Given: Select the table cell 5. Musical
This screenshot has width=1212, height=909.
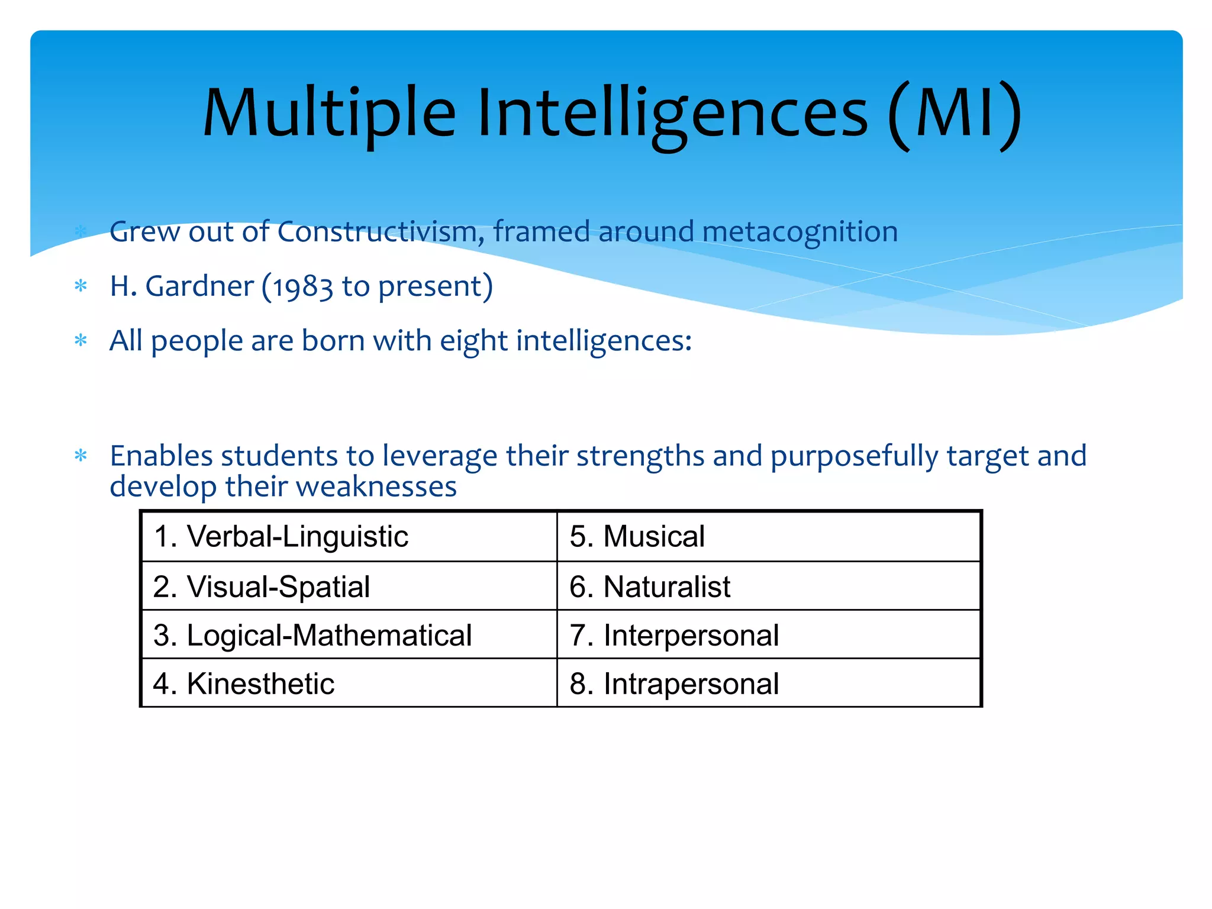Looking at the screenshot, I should (768, 536).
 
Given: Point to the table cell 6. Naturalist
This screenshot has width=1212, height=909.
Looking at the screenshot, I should (768, 586).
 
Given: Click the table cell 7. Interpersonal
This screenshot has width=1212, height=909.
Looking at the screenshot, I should (768, 635).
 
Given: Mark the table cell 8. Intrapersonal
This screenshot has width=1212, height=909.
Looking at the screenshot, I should (768, 684).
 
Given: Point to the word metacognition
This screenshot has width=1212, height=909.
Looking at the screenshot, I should (800, 231).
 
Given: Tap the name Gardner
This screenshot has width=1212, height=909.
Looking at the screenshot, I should (199, 286).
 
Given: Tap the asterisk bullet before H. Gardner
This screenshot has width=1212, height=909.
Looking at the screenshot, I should (81, 287).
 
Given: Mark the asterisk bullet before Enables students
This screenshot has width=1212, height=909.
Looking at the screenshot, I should (81, 456).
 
